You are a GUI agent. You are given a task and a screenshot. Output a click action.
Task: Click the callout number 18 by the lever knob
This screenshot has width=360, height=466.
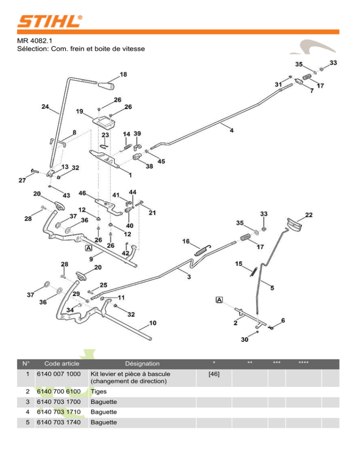(x=123, y=75)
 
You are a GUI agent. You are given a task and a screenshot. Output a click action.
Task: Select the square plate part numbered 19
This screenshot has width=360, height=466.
(x=105, y=121)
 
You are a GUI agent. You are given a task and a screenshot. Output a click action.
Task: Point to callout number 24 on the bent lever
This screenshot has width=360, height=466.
(x=45, y=106)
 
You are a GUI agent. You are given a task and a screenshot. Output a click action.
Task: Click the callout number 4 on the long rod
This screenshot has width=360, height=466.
(x=232, y=130)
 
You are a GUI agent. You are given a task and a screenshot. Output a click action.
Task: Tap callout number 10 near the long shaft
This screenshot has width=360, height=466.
(x=153, y=323)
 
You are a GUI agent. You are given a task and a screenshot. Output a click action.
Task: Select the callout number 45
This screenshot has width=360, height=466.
(x=161, y=162)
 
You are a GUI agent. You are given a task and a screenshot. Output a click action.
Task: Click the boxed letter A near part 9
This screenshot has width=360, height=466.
(x=88, y=248)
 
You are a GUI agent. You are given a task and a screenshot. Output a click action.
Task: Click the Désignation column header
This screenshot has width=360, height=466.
(x=142, y=363)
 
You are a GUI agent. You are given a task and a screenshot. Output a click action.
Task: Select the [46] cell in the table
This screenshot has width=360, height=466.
(x=213, y=374)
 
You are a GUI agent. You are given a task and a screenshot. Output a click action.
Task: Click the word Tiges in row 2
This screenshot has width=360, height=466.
(x=99, y=391)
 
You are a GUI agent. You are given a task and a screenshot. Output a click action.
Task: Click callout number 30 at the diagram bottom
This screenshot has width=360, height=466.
(x=245, y=340)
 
